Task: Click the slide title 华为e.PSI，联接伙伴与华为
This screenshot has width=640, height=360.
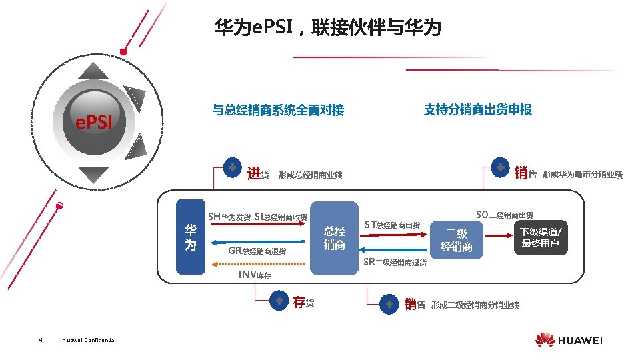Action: point(327,28)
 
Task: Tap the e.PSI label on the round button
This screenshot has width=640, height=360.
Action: point(93,122)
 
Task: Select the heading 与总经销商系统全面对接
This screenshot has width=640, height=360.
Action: point(277,110)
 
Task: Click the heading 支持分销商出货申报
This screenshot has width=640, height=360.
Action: point(478,109)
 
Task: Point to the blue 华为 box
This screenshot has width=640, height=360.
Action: point(191,237)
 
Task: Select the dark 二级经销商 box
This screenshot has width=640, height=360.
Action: point(457,240)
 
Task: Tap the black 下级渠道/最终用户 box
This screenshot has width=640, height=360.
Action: point(541,238)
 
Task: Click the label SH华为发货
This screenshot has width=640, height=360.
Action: point(229,217)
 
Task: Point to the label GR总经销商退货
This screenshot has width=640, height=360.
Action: point(257,251)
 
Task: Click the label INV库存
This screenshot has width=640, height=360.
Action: point(255,275)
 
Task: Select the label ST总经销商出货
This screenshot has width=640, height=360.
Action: point(392,225)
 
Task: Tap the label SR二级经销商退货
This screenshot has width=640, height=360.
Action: point(395,263)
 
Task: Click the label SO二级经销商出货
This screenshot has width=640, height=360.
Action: point(504,215)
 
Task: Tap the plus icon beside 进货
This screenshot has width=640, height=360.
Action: point(231,167)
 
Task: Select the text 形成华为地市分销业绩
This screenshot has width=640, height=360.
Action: point(583,175)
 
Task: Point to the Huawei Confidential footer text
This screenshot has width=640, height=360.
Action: point(89,341)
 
